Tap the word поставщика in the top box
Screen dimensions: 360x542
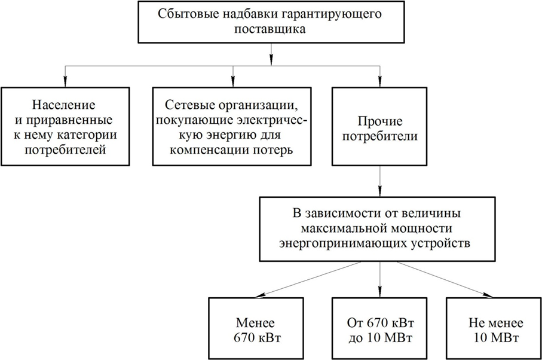coord(271,30)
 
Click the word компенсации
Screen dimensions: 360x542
coord(206,149)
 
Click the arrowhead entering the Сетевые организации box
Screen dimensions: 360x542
coord(232,81)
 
